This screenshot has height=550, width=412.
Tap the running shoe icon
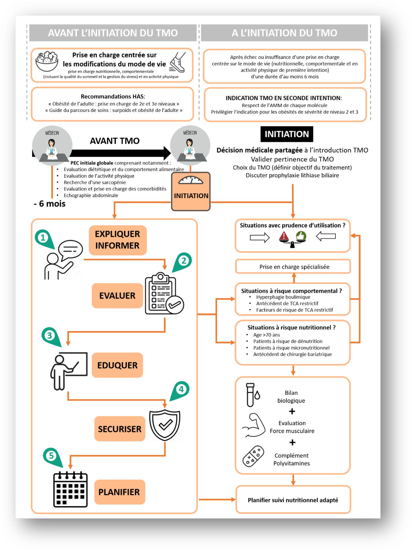coord(178,62)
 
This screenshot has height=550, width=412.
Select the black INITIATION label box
coord(286,134)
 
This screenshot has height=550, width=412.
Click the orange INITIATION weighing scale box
coord(191,192)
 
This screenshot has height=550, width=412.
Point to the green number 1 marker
coord(43,238)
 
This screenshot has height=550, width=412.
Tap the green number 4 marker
coord(181,389)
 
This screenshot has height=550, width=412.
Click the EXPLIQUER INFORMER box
coord(118,240)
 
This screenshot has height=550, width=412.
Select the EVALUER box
coord(117,296)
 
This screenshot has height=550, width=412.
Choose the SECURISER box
coord(120,429)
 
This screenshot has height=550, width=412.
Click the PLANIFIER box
coord(119,492)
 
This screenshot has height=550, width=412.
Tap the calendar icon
coord(70,489)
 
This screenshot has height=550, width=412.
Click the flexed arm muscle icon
coord(253,425)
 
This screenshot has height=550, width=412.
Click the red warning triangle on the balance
coord(284,236)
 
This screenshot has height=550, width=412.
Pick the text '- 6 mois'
coord(49,204)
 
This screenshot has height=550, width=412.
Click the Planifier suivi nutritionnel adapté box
coord(293,500)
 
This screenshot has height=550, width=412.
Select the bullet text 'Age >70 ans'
coord(266,335)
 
